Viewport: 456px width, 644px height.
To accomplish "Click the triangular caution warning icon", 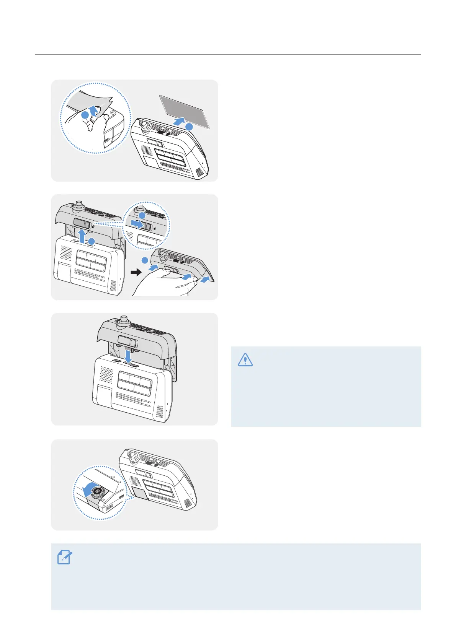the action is [245, 359].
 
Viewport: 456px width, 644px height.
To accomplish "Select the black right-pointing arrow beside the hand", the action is [136, 272].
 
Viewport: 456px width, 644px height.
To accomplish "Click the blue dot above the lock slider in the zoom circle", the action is [142, 216].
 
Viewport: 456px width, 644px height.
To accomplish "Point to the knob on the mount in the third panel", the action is [124, 320].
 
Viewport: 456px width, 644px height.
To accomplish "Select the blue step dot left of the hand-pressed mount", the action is [144, 260].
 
